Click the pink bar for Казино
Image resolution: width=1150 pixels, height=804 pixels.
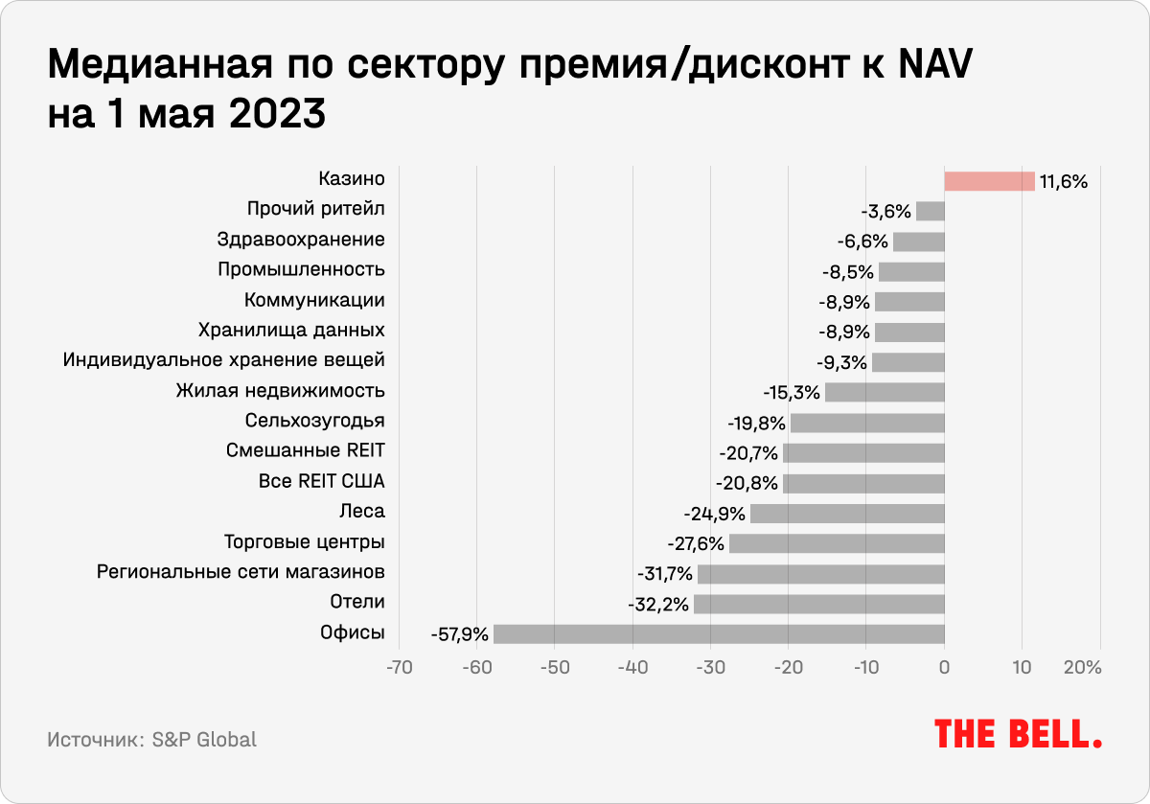point(989,181)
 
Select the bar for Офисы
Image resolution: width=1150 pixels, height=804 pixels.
point(719,633)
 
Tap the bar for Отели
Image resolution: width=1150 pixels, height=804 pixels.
point(819,604)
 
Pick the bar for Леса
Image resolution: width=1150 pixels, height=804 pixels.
point(847,513)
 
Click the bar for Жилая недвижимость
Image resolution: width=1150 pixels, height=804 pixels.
point(885,392)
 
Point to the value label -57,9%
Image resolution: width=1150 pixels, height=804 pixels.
point(460,634)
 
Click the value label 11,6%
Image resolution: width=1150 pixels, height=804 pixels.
point(1064,181)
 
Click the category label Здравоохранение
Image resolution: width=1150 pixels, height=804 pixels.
point(301,240)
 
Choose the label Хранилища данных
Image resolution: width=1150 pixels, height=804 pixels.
point(291,331)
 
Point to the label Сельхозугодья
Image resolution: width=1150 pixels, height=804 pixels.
point(315,421)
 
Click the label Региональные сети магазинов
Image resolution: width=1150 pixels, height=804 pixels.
point(241,572)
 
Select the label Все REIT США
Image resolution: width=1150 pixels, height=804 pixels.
point(322,481)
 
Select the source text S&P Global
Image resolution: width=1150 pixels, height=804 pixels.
point(204,740)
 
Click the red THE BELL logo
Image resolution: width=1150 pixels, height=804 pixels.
point(1018,734)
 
